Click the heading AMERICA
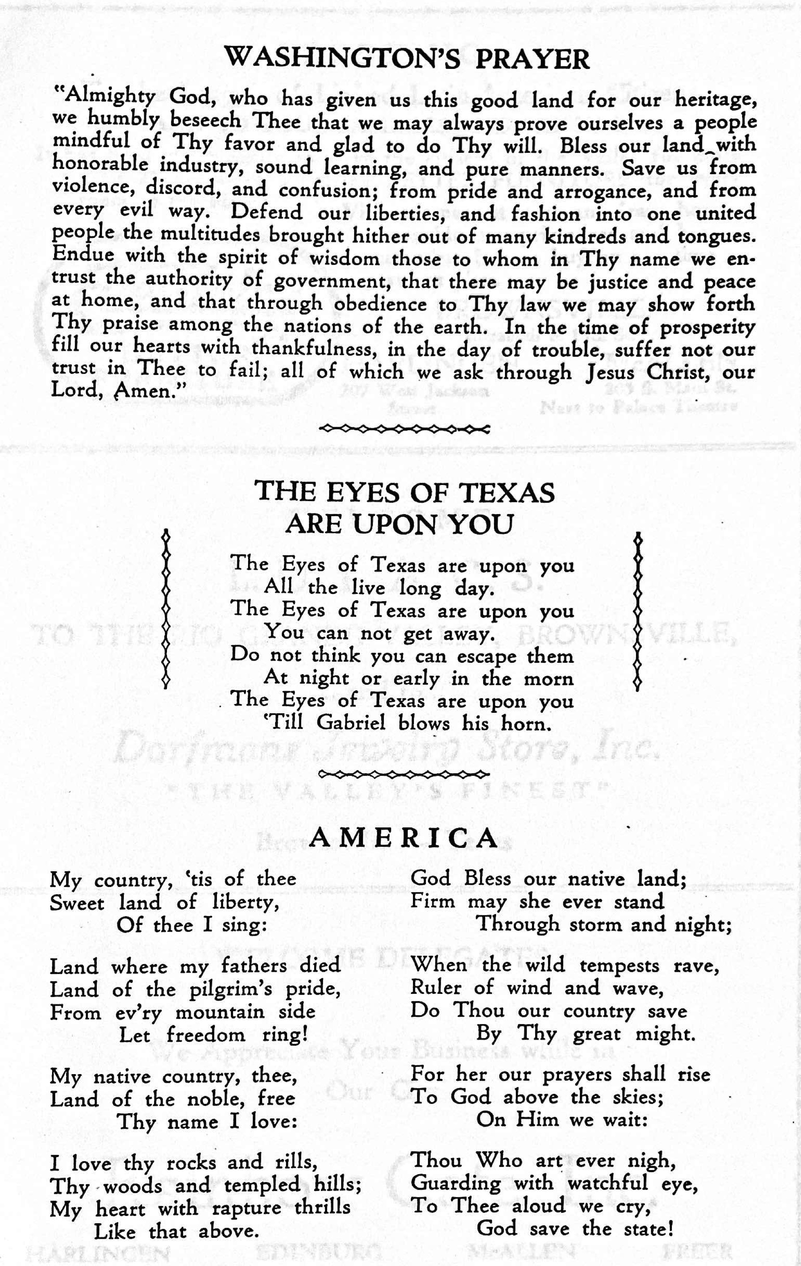pyautogui.click(x=403, y=838)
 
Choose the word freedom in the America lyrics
pyautogui.click(x=206, y=1035)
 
